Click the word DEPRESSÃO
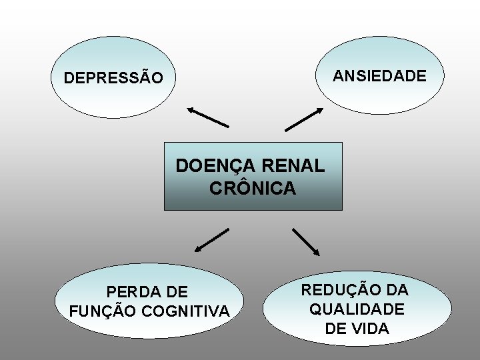point(113,78)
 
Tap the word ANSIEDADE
point(379,76)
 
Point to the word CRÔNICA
point(253,189)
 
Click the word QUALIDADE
point(357,309)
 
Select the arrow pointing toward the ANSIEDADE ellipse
point(304,119)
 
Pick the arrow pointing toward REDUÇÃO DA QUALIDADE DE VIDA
point(307,242)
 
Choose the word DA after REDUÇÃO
point(397,290)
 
